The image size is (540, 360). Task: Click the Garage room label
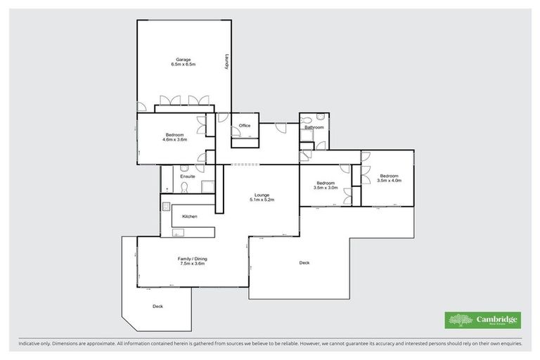point(183,59)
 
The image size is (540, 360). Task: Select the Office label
point(245,126)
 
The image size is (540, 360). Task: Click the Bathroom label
point(314,127)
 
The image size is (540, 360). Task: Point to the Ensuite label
point(187,176)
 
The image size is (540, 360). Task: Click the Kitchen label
point(190,216)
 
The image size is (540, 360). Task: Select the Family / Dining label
point(191,258)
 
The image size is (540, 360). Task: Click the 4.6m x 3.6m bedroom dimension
point(175,140)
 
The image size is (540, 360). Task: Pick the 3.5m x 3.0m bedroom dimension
point(326,188)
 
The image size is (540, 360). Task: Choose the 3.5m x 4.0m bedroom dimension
point(388,181)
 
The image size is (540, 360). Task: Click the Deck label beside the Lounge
point(304,263)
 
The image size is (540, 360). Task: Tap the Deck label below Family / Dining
point(157,307)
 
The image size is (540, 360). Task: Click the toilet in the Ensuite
point(185,188)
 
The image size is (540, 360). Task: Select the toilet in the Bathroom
point(320,117)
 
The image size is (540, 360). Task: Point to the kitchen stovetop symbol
point(167,206)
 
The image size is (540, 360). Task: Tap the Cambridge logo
point(483,320)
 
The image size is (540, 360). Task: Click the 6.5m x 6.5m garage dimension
point(183,65)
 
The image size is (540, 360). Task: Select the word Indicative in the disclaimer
point(30,344)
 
